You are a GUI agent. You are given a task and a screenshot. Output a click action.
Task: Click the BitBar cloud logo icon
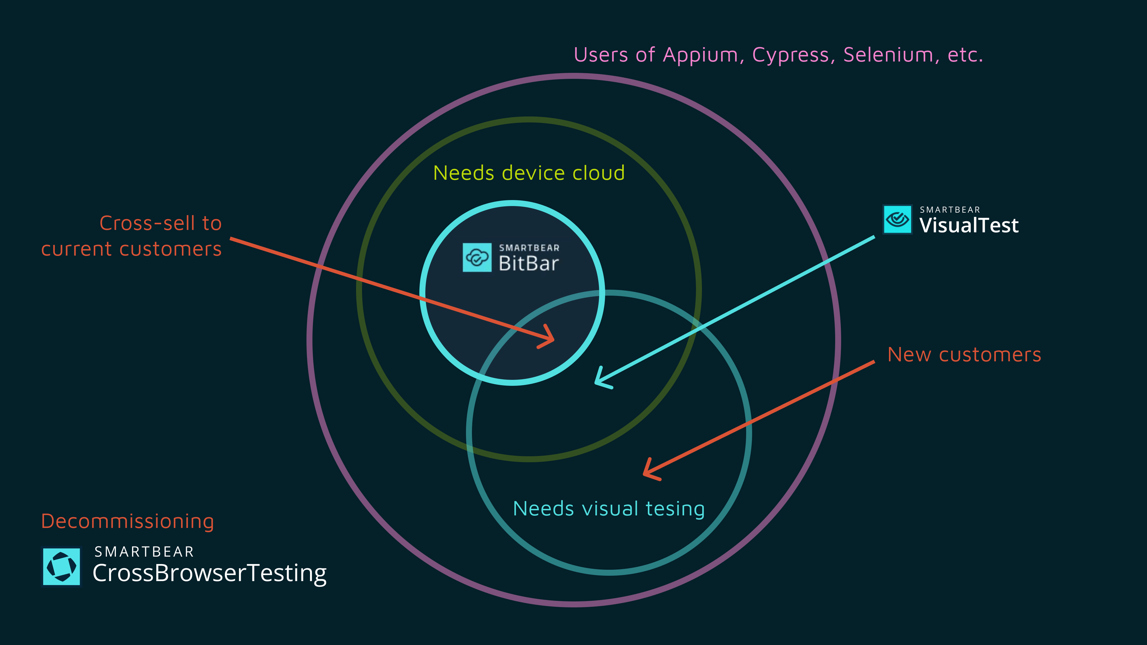[477, 257]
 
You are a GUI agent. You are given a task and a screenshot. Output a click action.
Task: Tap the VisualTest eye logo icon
[897, 219]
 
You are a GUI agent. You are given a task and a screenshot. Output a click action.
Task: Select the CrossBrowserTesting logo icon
[62, 567]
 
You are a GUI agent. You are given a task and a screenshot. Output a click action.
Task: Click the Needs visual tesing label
[609, 509]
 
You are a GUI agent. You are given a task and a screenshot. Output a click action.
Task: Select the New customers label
[964, 355]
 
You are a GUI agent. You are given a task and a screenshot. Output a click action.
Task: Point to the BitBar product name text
[528, 263]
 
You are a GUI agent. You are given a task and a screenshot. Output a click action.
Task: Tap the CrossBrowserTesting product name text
[209, 573]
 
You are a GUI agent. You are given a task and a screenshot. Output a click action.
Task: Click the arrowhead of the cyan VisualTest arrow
[599, 381]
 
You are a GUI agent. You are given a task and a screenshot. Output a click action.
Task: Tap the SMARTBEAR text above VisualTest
[950, 210]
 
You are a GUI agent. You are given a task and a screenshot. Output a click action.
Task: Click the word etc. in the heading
[965, 55]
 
